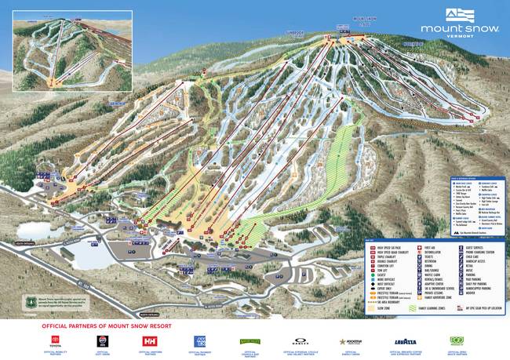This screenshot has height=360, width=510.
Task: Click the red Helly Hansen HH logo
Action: pyautogui.click(x=149, y=341)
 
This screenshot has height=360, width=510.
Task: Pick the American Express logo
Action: pyautogui.click(x=200, y=341)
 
